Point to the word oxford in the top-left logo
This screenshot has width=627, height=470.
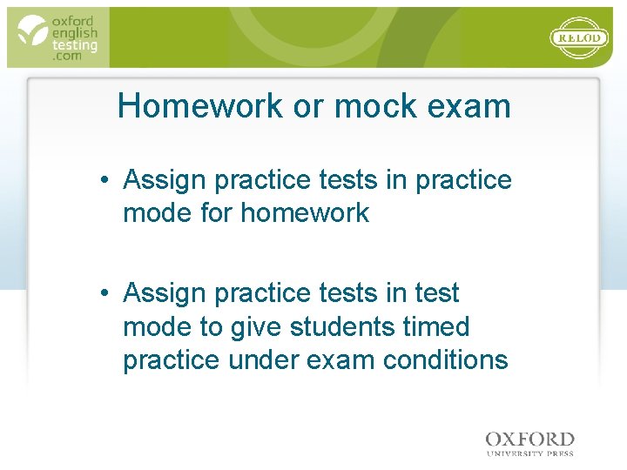point(74,20)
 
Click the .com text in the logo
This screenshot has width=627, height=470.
point(67,56)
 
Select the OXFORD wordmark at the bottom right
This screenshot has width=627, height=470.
point(529,440)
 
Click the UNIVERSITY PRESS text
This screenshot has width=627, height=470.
point(529,453)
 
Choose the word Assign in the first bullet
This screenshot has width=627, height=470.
point(165,180)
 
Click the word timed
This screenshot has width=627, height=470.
point(440,327)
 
